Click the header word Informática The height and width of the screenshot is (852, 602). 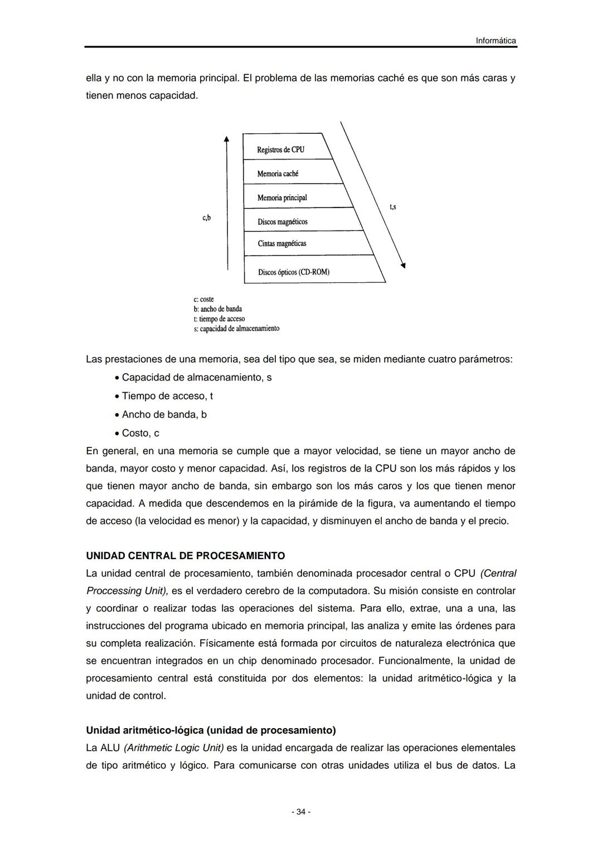[496, 41]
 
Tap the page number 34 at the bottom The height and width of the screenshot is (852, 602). [301, 812]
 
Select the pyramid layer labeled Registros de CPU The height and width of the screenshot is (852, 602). [280, 150]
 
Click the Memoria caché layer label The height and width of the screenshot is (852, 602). [278, 174]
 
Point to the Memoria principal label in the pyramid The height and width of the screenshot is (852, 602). [282, 198]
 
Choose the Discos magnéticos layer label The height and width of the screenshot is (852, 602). [282, 222]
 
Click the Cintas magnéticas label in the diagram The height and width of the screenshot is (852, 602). [281, 243]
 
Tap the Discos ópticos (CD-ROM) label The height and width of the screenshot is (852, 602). [293, 272]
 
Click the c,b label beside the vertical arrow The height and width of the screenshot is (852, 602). [206, 218]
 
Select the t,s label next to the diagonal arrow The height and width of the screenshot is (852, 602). [392, 207]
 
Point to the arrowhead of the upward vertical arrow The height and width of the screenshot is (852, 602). [227, 139]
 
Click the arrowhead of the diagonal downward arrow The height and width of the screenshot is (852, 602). [402, 266]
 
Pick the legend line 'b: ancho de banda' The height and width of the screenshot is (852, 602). [217, 309]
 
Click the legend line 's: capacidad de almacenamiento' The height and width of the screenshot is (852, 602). [236, 328]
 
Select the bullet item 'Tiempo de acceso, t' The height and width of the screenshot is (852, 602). [167, 396]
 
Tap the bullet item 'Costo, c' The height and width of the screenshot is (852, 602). [140, 433]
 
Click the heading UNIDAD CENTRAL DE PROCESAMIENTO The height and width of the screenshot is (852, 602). [185, 556]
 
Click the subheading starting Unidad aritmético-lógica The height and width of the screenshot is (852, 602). [211, 730]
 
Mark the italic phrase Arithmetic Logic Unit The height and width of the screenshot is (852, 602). [174, 748]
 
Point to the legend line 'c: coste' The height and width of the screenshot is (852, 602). [203, 299]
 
